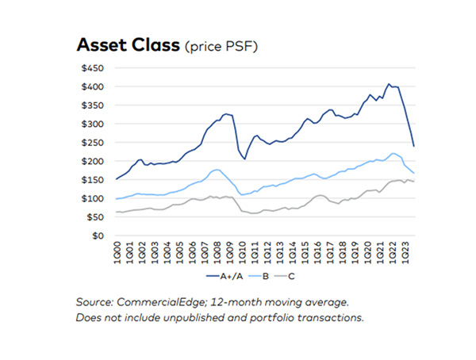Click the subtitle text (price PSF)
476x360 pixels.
pyautogui.click(x=215, y=47)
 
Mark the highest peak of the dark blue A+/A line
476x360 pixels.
pyautogui.click(x=389, y=83)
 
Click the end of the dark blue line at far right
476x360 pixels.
pyautogui.click(x=415, y=146)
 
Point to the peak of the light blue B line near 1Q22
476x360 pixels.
pyautogui.click(x=394, y=153)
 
